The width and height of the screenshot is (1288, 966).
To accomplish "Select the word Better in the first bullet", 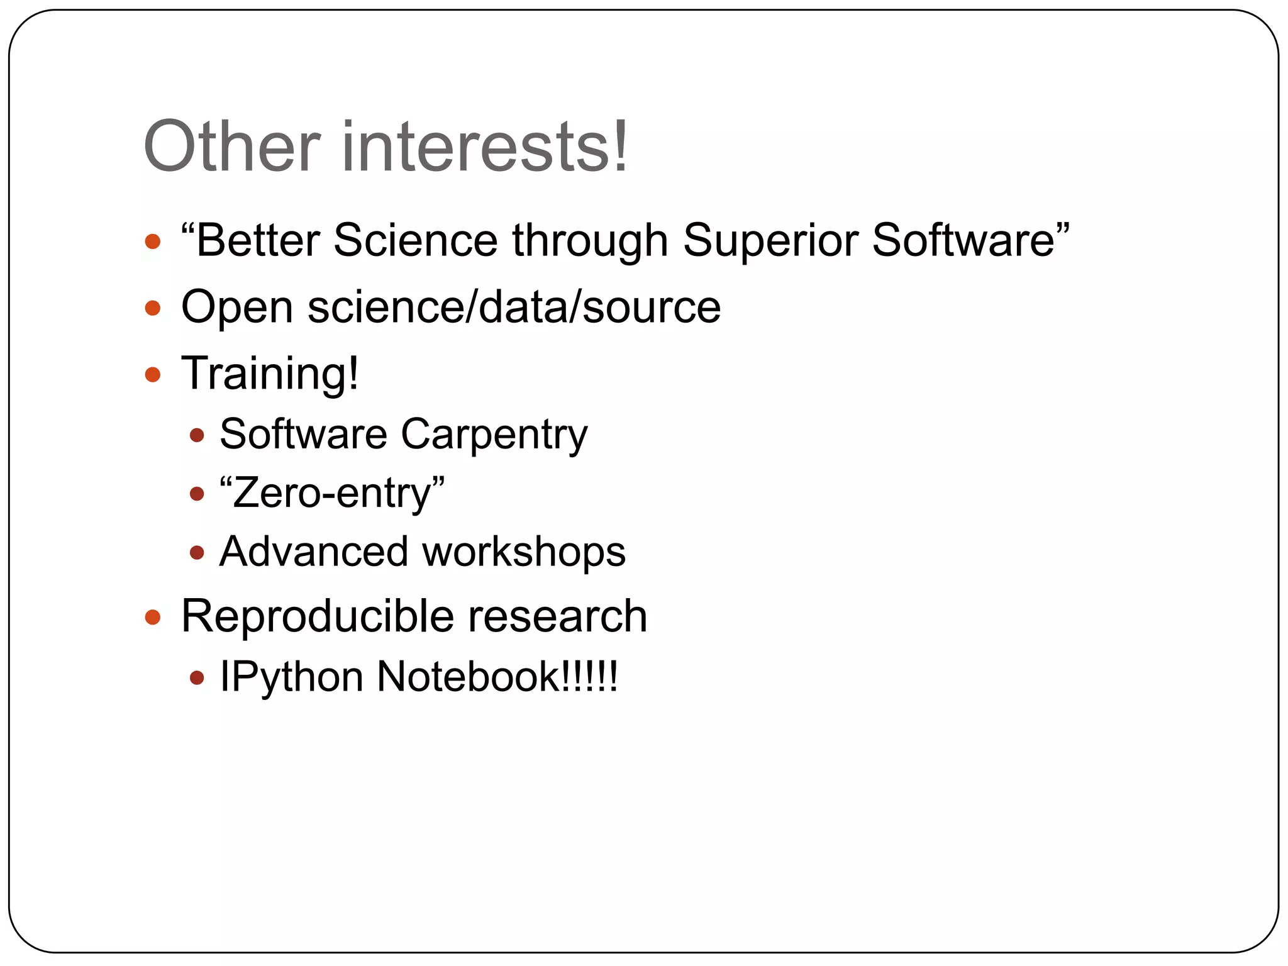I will click(257, 240).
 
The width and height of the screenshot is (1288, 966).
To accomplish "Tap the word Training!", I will click(270, 374).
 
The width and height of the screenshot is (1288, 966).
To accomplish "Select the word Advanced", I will click(313, 552).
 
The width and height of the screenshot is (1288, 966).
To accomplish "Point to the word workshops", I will click(524, 552).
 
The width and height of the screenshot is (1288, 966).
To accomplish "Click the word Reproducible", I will click(316, 616).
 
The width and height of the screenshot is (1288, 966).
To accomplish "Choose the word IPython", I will click(291, 678).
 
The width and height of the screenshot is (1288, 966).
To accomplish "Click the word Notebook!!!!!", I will click(497, 677).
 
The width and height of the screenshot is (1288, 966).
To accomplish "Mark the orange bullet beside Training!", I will click(153, 375).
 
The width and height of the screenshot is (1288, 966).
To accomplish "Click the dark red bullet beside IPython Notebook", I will click(197, 677).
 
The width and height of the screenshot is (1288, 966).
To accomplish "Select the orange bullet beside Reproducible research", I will click(153, 616).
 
